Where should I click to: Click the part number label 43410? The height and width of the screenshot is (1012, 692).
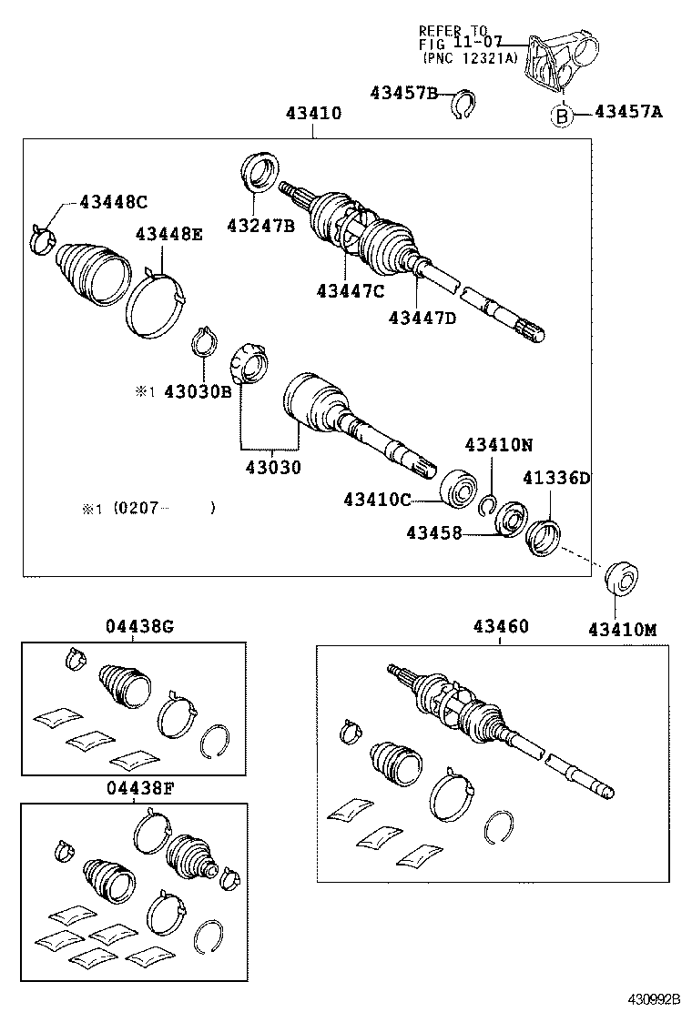[313, 114]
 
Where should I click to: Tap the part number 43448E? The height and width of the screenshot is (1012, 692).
[169, 234]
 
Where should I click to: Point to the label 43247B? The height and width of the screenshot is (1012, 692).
[261, 226]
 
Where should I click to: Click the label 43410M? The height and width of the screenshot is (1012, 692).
[623, 629]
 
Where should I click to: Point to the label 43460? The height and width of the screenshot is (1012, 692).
[500, 627]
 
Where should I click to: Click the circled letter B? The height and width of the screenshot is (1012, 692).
[563, 116]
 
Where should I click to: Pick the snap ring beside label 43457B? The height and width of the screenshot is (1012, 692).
[465, 106]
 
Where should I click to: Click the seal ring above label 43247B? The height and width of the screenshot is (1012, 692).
[260, 173]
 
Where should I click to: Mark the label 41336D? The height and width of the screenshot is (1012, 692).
[556, 478]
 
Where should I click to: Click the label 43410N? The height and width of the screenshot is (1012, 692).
[498, 445]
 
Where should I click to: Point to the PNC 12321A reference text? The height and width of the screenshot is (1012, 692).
[470, 57]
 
